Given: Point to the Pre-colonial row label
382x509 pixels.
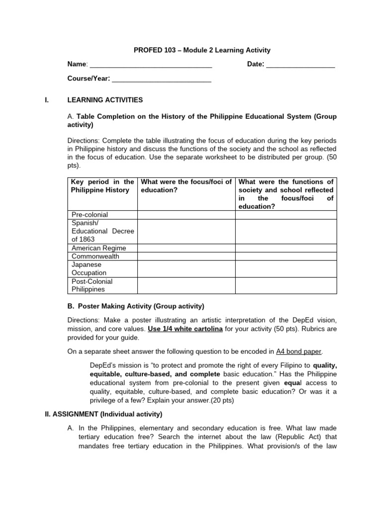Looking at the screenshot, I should click(x=90, y=215).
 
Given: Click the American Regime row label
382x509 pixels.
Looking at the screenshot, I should click(x=98, y=248).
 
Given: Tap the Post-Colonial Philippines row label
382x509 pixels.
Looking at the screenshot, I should click(x=92, y=285).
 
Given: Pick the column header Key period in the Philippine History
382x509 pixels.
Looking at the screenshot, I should click(x=102, y=186).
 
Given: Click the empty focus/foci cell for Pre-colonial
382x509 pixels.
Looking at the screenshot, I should click(x=186, y=215).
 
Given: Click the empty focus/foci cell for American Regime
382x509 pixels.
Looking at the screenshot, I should click(x=186, y=248).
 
